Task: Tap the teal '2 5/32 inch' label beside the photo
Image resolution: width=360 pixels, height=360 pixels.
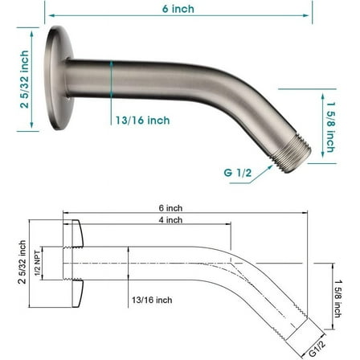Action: coord(24,80)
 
